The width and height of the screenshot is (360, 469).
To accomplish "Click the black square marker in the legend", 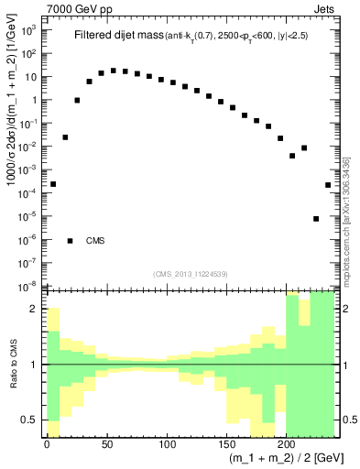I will click(71, 241).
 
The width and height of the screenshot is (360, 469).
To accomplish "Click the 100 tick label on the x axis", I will click(166, 444).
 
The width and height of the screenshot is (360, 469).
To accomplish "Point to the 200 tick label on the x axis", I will click(286, 444).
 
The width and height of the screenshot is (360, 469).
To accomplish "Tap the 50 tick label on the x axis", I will click(106, 444).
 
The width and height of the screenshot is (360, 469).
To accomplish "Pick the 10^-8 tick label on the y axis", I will click(28, 287).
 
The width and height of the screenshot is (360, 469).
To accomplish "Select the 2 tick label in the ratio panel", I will click(34, 309).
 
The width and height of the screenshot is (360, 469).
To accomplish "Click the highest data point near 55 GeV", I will click(113, 70).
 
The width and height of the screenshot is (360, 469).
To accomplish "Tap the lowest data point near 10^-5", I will click(316, 219).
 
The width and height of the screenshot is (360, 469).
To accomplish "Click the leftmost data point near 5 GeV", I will click(53, 184).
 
